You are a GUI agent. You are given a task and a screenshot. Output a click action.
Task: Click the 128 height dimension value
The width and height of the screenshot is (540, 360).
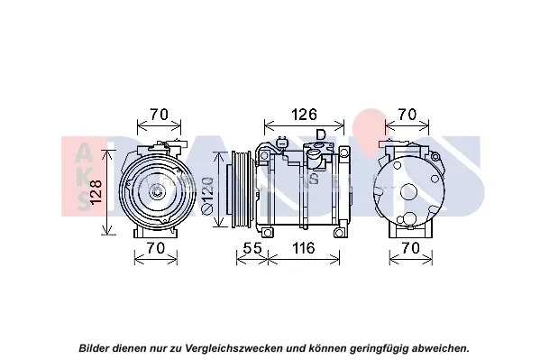[x=97, y=192]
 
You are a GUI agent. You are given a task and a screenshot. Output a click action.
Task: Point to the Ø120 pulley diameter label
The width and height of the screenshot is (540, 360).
[x=207, y=196]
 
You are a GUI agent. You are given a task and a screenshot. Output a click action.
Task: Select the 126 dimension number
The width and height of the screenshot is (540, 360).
[x=304, y=115]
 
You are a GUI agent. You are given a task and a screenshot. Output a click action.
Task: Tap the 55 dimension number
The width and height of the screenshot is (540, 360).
[x=253, y=248]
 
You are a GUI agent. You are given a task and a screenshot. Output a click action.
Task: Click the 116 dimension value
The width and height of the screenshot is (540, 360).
[x=304, y=248]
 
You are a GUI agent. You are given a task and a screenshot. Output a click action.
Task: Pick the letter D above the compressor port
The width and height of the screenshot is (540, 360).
[x=321, y=134]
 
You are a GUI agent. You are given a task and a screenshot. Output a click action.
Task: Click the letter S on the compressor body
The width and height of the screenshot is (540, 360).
[x=314, y=179]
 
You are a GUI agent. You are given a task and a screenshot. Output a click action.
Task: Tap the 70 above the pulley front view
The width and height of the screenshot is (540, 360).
[x=159, y=115]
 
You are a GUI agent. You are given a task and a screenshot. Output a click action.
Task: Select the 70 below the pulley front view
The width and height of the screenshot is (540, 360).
[x=156, y=248]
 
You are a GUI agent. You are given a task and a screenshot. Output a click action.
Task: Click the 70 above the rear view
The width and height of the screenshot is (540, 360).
[x=407, y=115]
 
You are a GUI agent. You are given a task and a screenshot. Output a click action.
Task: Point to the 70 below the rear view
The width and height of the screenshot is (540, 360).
[x=411, y=248]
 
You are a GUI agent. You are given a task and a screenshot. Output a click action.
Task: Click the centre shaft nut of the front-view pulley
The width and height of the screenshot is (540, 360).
[x=156, y=190]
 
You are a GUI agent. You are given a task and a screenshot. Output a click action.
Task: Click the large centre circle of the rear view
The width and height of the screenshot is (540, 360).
[x=408, y=192]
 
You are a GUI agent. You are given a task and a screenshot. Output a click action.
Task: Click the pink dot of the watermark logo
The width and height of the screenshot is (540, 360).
[x=370, y=123]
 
